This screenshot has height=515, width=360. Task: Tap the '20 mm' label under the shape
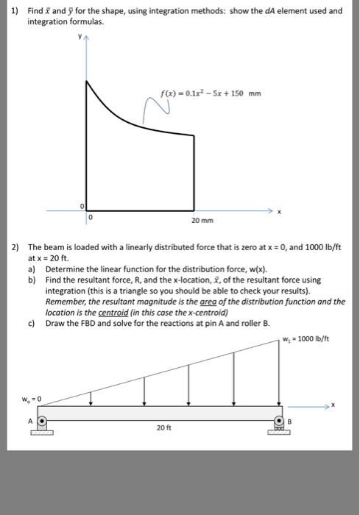click(x=195, y=220)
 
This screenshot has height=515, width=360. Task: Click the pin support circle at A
click(x=43, y=423)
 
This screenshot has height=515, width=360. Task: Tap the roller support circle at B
click(x=280, y=422)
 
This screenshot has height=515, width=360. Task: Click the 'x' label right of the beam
click(x=332, y=404)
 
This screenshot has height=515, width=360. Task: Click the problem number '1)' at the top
click(x=12, y=12)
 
